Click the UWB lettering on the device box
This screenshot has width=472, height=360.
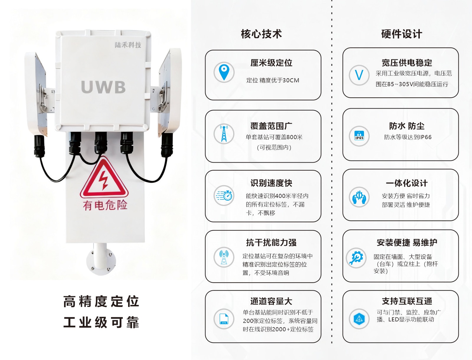pyautogui.click(x=103, y=87)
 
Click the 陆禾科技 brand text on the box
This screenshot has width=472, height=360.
pyautogui.click(x=128, y=45)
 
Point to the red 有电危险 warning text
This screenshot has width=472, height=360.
pyautogui.click(x=105, y=205)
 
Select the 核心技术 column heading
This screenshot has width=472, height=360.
pyautogui.click(x=261, y=34)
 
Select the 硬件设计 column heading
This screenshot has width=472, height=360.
pyautogui.click(x=401, y=34)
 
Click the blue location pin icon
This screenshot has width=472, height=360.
pyautogui.click(x=224, y=72)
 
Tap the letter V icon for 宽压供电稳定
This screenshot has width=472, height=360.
pyautogui.click(x=359, y=75)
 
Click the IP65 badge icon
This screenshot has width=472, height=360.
pyautogui.click(x=359, y=136)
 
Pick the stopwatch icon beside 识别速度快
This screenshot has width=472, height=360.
pyautogui.click(x=224, y=195)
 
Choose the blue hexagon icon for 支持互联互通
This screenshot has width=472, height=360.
pyautogui.click(x=359, y=319)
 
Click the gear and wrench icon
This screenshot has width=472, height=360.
pyautogui.click(x=357, y=258)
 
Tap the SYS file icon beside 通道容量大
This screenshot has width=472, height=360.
pyautogui.click(x=224, y=319)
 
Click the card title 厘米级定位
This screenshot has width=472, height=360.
pyautogui.click(x=271, y=63)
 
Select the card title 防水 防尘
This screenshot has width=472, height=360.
pyautogui.click(x=406, y=126)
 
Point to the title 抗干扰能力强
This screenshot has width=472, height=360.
pyautogui.click(x=271, y=243)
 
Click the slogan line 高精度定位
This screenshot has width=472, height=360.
pyautogui.click(x=101, y=301)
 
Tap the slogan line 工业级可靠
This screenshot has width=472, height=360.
pyautogui.click(x=101, y=322)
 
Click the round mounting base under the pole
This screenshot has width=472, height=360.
pyautogui.click(x=101, y=261)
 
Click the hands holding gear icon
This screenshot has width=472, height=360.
pyautogui.click(x=359, y=197)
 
